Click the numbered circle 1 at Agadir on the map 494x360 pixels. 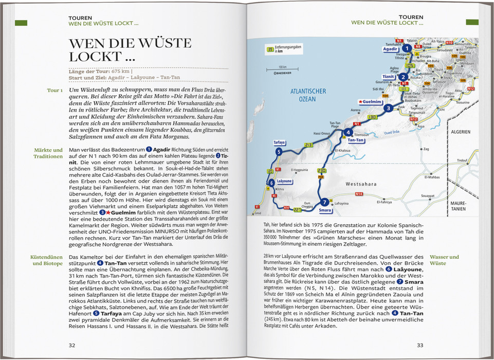click(407, 48)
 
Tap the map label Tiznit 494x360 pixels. click(388, 77)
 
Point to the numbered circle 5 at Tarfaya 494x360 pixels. click(278, 152)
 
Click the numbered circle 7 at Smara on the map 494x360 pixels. click(324, 202)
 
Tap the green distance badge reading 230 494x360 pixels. click(322, 170)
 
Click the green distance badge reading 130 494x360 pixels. click(372, 117)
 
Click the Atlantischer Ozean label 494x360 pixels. click(308, 95)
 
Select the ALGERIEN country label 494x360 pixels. click(461, 132)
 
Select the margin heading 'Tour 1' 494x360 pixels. click(54, 91)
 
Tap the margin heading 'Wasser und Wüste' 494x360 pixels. click(444, 260)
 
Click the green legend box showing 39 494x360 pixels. click(270, 50)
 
